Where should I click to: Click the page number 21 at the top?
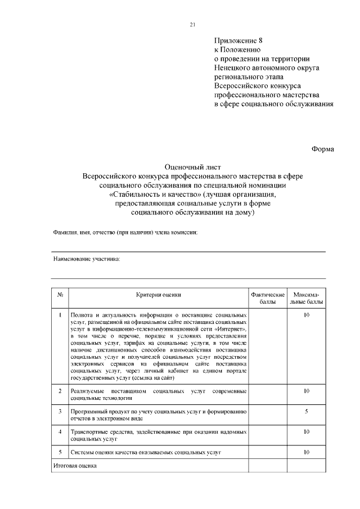tap(192, 24)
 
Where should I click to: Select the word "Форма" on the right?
tap(323, 149)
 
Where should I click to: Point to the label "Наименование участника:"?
tap(87, 259)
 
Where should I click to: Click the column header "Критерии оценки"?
tap(158, 295)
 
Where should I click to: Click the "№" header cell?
tap(60, 295)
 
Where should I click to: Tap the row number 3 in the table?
tap(60, 411)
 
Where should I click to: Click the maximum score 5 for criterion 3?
tap(307, 411)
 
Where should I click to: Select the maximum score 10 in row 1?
tap(307, 315)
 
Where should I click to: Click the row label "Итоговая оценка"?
tap(75, 466)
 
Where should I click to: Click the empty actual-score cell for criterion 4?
tap(267, 435)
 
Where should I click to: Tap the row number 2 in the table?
tap(60, 390)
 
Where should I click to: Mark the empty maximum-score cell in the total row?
tap(307, 466)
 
